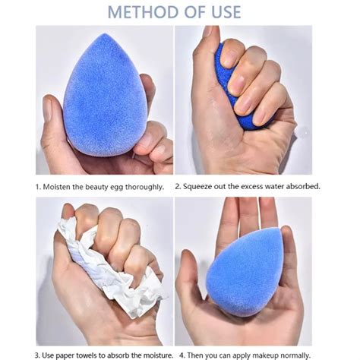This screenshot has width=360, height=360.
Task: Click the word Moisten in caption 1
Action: coord(62,186)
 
